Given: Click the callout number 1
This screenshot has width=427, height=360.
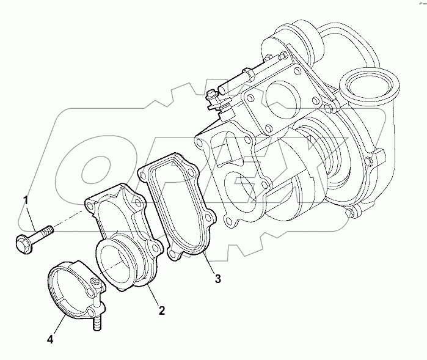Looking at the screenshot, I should (26, 199).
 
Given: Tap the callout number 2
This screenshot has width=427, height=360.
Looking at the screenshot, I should (162, 310).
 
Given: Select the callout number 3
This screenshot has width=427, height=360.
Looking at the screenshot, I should (217, 279).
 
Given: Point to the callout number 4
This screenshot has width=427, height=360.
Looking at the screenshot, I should (51, 338).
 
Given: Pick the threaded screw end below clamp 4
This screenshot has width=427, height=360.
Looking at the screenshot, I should (96, 323).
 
